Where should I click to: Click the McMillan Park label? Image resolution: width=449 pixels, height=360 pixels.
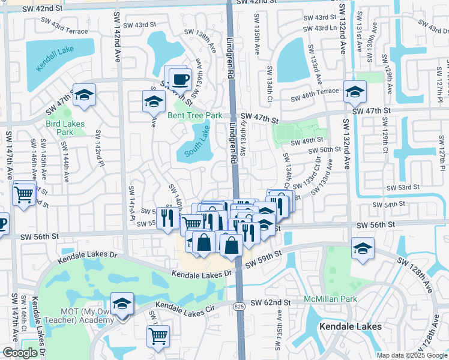coord(330,299)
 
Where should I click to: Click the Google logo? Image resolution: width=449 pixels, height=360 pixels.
coord(20,352)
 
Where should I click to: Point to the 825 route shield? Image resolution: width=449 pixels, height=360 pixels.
coord(239,305)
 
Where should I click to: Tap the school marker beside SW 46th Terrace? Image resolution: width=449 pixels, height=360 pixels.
coord(355,92)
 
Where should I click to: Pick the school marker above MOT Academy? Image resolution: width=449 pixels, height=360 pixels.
coord(122,304)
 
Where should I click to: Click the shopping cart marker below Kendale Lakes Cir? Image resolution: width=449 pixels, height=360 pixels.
coord(158,336)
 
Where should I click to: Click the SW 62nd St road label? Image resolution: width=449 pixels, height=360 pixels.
coord(271,304)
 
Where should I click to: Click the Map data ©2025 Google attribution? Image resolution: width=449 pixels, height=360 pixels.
coord(412,355)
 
